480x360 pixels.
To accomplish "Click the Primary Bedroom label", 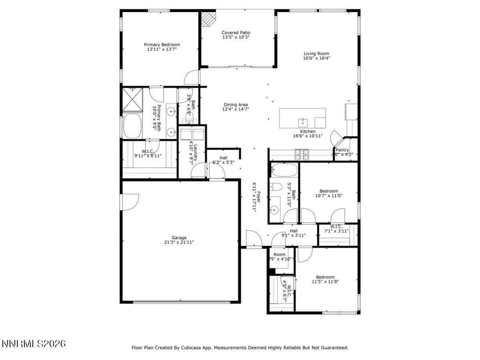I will point(162,45).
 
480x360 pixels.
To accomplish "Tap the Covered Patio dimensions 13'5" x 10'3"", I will point(235,37).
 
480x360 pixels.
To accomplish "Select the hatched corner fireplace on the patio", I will point(208,19).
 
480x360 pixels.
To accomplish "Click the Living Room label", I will point(316,54).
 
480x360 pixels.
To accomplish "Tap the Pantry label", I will point(342,150).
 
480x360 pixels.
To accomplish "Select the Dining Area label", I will point(235,105).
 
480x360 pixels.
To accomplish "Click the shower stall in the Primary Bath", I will point(132,99).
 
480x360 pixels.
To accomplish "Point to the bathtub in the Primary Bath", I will point(132,126).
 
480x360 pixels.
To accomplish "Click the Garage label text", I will point(179,238).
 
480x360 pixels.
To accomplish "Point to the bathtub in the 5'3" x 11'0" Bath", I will point(283,170).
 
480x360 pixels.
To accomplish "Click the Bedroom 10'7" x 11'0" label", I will point(328,191).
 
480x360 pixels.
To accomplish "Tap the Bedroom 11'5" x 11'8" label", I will point(325,277).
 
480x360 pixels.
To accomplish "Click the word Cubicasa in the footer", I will point(193,348).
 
